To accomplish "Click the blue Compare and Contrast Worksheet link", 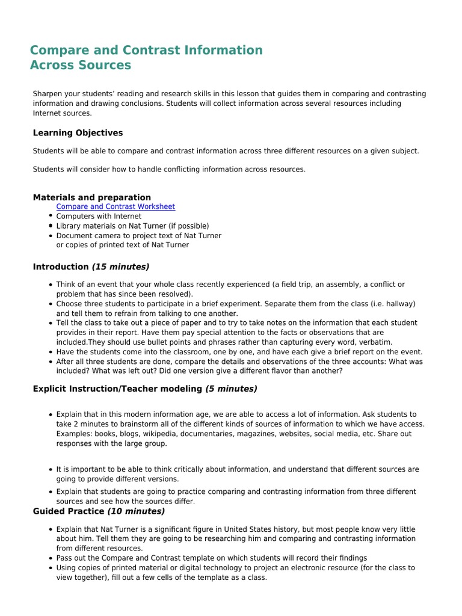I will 115,206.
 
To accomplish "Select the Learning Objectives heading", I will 78,133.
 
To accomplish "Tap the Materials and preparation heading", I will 92,197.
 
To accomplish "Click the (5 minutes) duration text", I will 231,389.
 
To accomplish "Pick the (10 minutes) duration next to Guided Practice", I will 136,511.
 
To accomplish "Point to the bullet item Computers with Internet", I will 99,216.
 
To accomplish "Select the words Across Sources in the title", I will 81,65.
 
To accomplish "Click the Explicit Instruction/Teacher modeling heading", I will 117,389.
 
